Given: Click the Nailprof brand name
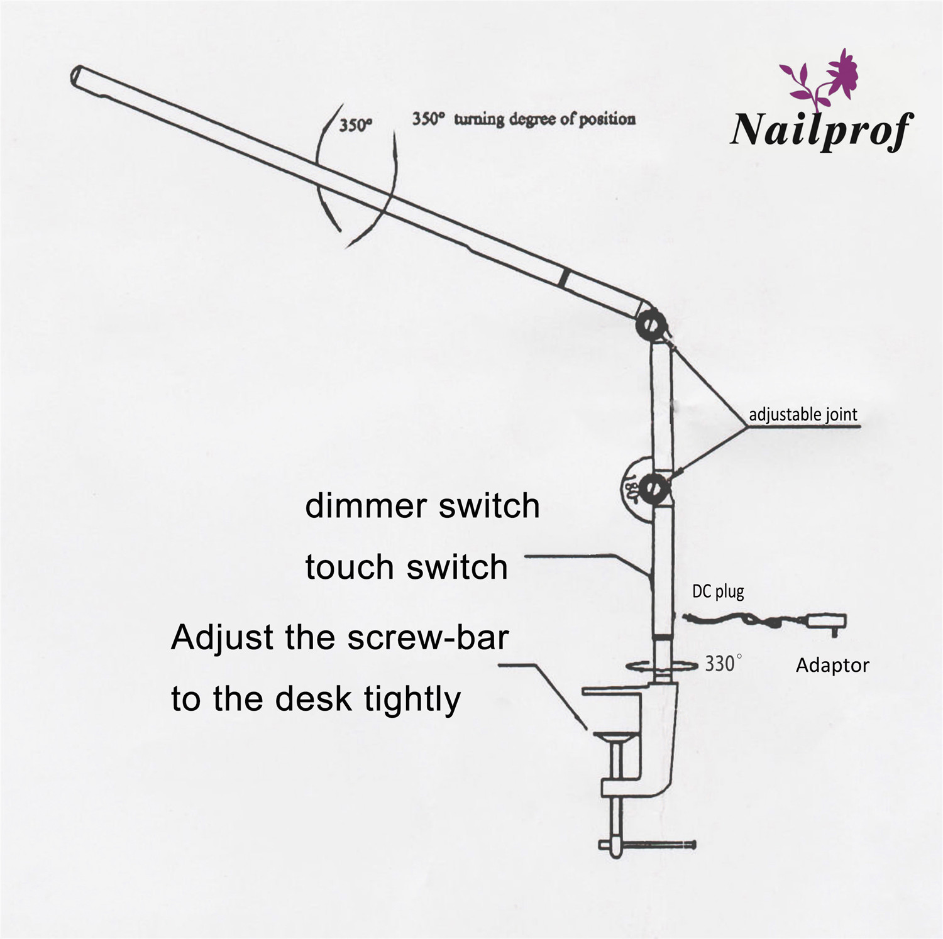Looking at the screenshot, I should [820, 129].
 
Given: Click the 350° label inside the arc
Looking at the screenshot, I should [356, 125].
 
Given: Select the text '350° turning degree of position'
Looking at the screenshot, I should [523, 119].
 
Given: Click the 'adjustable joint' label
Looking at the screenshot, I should [803, 415].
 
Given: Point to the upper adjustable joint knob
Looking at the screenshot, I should [651, 324].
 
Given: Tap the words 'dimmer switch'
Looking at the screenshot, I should [422, 506].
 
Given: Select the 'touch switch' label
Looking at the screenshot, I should [406, 567].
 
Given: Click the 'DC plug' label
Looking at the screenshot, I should [718, 591].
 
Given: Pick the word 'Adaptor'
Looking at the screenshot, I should [832, 665].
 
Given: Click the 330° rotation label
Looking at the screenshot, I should [723, 664].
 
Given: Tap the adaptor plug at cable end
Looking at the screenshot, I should [830, 622].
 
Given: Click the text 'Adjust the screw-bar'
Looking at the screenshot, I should [339, 637].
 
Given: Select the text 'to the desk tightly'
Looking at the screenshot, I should [316, 698].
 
